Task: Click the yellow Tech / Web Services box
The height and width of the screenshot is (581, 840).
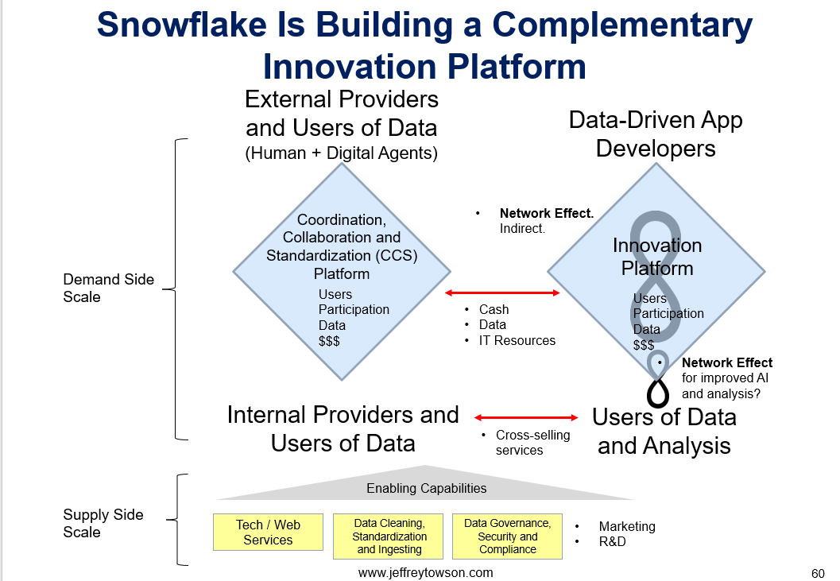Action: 268,533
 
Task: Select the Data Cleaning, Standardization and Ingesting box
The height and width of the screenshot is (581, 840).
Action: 388,536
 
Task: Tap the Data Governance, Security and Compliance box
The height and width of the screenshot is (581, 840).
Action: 507,536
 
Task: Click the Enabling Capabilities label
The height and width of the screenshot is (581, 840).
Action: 427,488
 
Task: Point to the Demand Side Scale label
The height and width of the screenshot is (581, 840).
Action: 108,288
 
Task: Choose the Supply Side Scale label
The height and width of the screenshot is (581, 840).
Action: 103,523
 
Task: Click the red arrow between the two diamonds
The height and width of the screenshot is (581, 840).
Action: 502,292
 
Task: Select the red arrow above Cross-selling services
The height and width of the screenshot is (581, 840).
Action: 526,417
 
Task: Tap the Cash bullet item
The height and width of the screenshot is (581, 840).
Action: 494,309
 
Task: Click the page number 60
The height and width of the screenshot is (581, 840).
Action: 818,573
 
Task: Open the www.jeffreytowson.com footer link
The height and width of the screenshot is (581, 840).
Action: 425,572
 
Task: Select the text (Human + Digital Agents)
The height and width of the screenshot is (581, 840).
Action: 341,153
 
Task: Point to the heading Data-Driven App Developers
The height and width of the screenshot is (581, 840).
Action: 656,134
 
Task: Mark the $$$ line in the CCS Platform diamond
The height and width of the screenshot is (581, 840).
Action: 329,341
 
